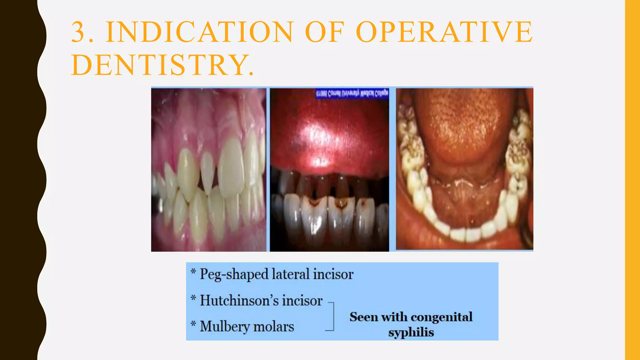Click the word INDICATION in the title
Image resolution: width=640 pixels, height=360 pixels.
pos(199,32)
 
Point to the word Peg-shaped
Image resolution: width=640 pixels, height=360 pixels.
pos(234,274)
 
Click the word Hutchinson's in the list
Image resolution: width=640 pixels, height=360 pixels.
pos(239,301)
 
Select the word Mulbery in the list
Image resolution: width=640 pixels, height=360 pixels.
pos(225,327)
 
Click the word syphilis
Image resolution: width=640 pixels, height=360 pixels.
pos(411,332)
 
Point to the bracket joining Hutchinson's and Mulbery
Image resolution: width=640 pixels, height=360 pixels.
pos(332,316)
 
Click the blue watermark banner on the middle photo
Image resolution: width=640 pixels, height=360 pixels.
pos(352,93)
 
